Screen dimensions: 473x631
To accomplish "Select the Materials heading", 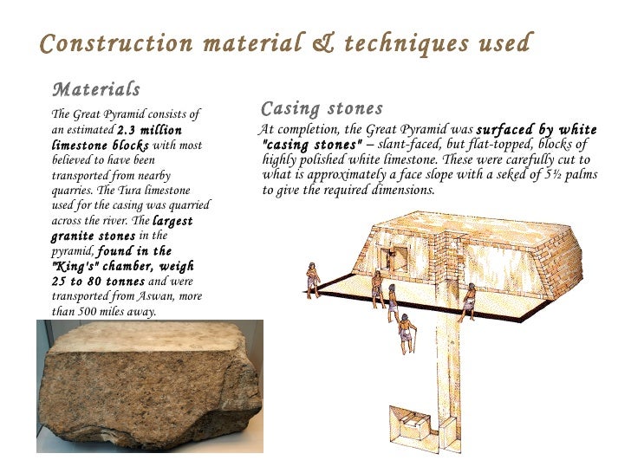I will point(96,89).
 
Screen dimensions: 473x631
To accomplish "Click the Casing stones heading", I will point(322,109).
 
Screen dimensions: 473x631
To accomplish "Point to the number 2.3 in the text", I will point(128,130).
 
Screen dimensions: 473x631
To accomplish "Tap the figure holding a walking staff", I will point(406,334).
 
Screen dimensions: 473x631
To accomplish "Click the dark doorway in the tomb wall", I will point(393,257).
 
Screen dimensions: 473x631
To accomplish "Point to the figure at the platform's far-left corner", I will point(311,279).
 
